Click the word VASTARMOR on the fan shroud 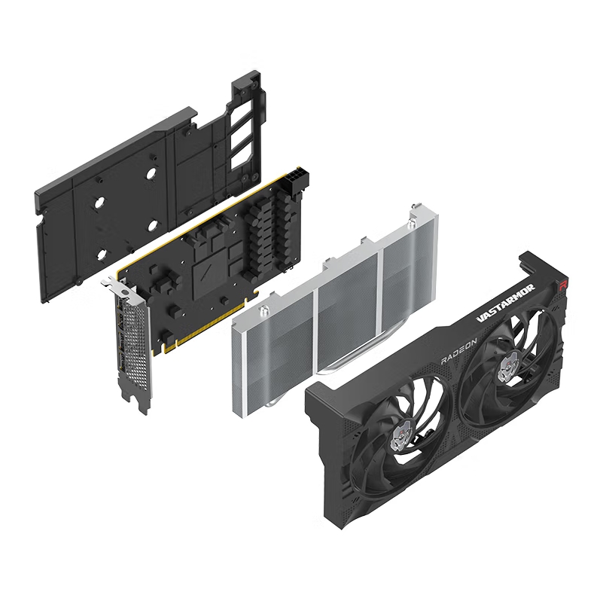click(x=505, y=300)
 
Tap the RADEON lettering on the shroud click(x=459, y=351)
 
